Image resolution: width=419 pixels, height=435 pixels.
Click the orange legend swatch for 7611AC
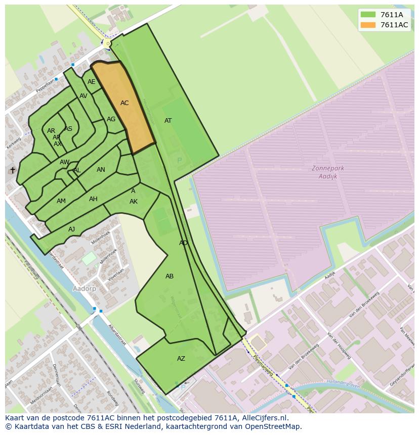tap(368, 25)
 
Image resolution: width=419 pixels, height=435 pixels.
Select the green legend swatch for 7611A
tap(368, 15)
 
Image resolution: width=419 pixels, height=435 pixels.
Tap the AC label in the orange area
tap(124, 103)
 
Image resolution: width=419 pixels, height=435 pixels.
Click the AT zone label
tap(168, 121)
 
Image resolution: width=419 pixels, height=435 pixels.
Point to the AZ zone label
tap(181, 359)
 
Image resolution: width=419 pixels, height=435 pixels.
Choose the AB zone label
tap(170, 276)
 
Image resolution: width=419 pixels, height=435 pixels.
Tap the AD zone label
tap(183, 243)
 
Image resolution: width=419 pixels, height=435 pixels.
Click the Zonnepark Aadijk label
tap(328, 172)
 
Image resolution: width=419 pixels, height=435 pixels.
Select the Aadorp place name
tap(85, 288)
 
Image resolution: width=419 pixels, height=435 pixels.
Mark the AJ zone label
tap(71, 229)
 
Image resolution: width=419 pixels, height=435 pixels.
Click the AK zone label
tap(134, 202)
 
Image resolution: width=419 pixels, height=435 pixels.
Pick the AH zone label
tap(93, 199)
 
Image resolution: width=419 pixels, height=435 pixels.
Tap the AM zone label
tap(61, 201)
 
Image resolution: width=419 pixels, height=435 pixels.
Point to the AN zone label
tap(101, 170)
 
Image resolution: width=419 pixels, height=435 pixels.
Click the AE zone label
tap(91, 82)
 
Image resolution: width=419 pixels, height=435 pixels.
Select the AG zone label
tap(111, 120)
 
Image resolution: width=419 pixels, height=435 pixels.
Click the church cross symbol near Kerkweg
tap(13, 170)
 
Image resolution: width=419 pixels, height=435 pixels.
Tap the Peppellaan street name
tap(45, 85)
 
